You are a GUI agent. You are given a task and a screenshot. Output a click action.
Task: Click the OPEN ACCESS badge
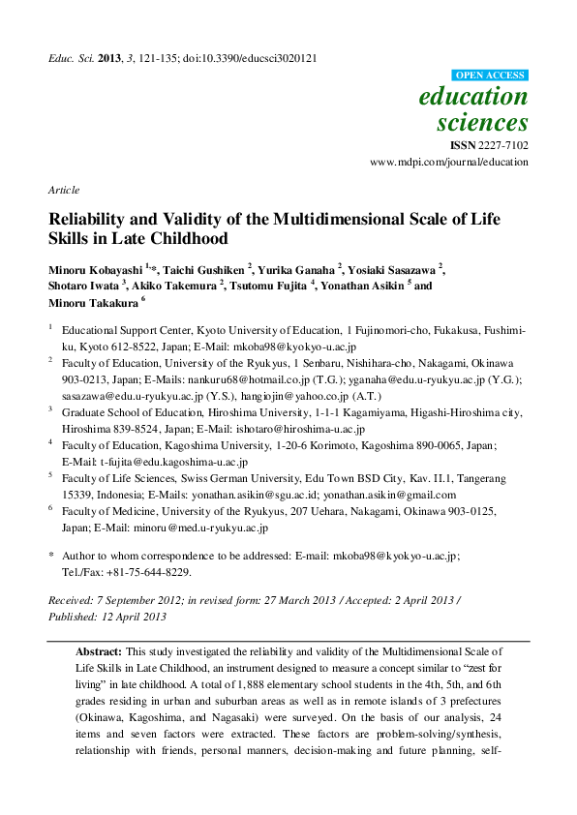(491, 75)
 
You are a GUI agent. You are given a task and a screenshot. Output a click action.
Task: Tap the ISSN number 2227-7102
(501, 145)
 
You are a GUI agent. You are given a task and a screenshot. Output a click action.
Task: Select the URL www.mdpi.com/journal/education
(449, 162)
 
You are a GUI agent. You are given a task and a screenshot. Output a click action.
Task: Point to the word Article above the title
(63, 190)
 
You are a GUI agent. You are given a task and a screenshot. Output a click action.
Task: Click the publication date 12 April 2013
(128, 617)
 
